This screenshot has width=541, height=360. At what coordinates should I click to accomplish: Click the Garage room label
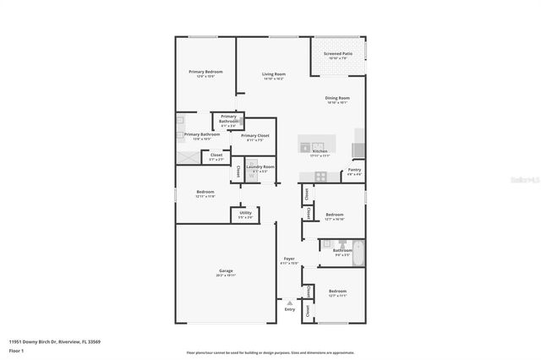[x=225, y=270]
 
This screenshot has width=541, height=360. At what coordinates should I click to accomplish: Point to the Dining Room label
[x=337, y=98]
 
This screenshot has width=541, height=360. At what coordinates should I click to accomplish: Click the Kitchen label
[x=320, y=152]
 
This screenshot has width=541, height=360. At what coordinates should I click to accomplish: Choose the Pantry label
[x=353, y=171]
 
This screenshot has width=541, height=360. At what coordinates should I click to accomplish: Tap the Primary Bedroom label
[x=205, y=72]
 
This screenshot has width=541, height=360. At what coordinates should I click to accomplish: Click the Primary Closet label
[x=254, y=135]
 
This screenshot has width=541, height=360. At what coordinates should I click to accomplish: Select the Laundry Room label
[x=260, y=167]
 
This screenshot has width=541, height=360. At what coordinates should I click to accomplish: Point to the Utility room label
[x=246, y=214]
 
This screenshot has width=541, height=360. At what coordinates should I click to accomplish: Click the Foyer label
[x=289, y=259]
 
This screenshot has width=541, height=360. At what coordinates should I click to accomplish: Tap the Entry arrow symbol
[x=290, y=302]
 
